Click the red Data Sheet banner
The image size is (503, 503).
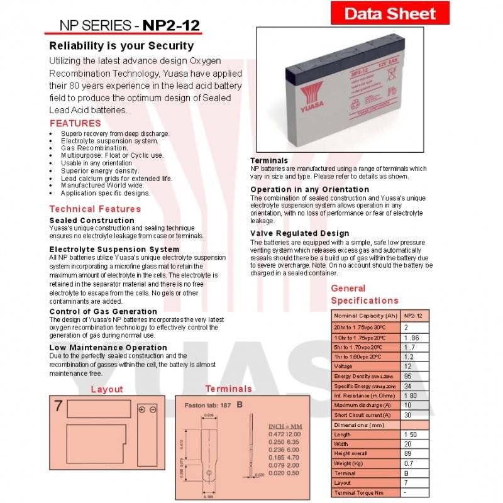click(x=390, y=13)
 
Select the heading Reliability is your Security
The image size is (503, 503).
click(x=121, y=46)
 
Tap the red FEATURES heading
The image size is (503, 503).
click(x=75, y=123)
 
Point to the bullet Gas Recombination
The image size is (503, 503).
click(x=94, y=148)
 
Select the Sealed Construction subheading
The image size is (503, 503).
click(x=92, y=220)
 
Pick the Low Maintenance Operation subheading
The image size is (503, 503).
click(x=108, y=347)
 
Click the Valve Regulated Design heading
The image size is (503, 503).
click(x=299, y=233)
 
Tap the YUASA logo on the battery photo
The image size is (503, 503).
click(x=312, y=99)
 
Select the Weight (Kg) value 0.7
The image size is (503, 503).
click(x=409, y=463)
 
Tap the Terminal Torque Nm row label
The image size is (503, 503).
click(x=358, y=493)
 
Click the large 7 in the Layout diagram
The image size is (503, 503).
click(x=58, y=406)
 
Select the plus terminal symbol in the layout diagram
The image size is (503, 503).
click(x=142, y=410)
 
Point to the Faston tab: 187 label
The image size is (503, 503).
click(x=207, y=404)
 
